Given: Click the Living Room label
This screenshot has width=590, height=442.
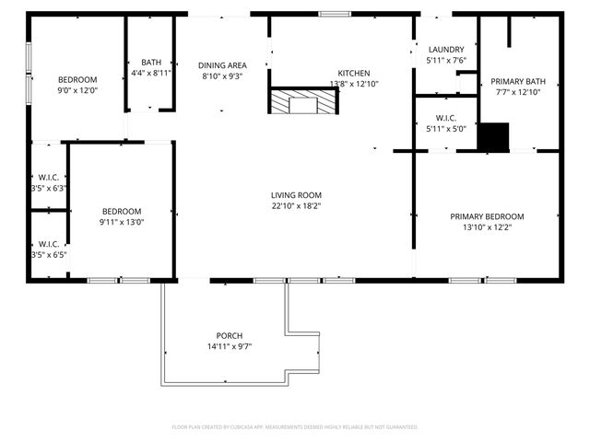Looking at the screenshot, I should click(296, 194).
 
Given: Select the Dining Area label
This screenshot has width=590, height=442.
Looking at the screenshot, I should click(222, 65).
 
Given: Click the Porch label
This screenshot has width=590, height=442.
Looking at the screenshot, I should click(230, 335).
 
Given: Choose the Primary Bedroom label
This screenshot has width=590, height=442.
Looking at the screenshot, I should click(487, 216).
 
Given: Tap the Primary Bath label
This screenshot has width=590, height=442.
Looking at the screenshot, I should click(517, 81).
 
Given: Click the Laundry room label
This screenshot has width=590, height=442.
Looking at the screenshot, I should click(445, 50).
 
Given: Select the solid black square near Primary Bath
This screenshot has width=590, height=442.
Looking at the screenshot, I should click(497, 136).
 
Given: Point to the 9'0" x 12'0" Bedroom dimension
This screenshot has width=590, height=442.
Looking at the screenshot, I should click(77, 91).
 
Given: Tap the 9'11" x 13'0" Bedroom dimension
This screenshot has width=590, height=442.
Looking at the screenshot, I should click(122, 221).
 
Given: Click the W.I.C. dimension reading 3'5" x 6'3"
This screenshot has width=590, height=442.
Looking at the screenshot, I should click(48, 188).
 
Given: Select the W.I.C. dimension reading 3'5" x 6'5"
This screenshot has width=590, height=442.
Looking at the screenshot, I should click(48, 254).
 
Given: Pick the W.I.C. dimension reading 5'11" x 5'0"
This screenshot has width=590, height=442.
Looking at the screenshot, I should click(445, 128).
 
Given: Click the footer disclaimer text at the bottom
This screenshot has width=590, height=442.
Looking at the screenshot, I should click(295, 427).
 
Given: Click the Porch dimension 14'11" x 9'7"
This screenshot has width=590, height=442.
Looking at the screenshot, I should click(230, 346).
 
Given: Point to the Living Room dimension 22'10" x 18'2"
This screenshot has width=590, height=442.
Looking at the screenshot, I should click(296, 206).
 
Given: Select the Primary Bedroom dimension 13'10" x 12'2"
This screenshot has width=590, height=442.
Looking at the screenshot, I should click(487, 227).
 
